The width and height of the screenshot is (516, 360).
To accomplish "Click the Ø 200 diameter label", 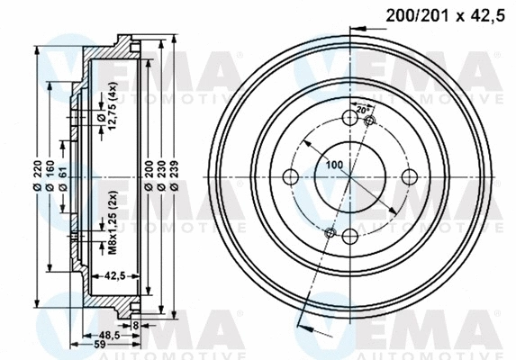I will pos(147,175).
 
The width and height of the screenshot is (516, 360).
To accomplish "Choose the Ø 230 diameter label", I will pos(160,175).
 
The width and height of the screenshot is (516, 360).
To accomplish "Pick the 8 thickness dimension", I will pos(135,326).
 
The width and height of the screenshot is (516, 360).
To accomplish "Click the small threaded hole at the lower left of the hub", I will pos(330,233).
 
